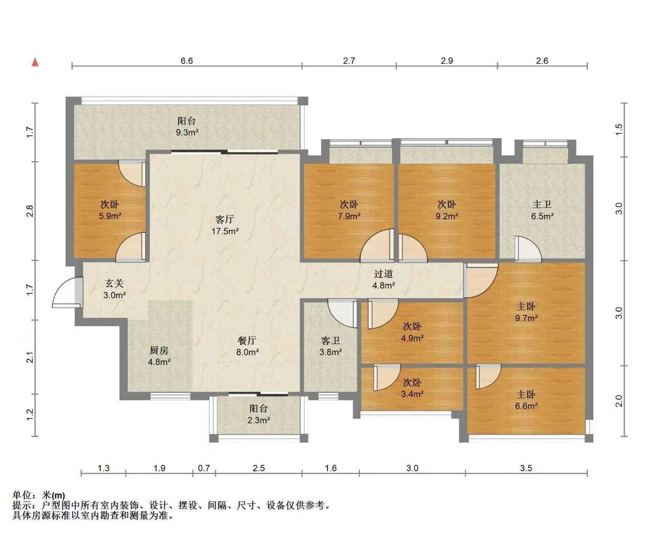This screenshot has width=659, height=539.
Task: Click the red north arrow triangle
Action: click(35, 62)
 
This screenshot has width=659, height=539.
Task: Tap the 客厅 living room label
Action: click(224, 219)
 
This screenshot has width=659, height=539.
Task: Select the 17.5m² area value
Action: click(225, 231)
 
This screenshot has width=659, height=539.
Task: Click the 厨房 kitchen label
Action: click(159, 350)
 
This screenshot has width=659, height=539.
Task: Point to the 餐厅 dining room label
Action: click(247, 341)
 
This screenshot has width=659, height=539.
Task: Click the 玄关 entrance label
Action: click(114, 283)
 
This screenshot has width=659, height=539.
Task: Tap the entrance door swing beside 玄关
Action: click(65, 292)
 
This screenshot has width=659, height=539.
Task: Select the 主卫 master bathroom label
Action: click(542, 205)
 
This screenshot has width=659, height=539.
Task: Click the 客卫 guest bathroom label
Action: click(330, 341)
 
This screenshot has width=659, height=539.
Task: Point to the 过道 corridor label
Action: click(383, 274)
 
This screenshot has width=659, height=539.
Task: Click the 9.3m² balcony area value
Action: click(187, 132)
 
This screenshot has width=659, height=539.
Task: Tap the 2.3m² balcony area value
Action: click(259, 420)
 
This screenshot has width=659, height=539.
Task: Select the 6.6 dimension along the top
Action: click(187, 61)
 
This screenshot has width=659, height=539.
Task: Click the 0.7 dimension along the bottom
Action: click(204, 468)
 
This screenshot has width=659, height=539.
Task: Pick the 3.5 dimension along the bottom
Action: click(526, 468)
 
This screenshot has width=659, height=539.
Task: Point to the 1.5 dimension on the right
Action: click(619, 129)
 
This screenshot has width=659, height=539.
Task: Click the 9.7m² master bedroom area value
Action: click(526, 318)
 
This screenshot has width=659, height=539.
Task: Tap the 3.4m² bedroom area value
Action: click(412, 394)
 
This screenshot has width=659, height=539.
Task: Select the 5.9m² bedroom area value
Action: click(110, 216)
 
